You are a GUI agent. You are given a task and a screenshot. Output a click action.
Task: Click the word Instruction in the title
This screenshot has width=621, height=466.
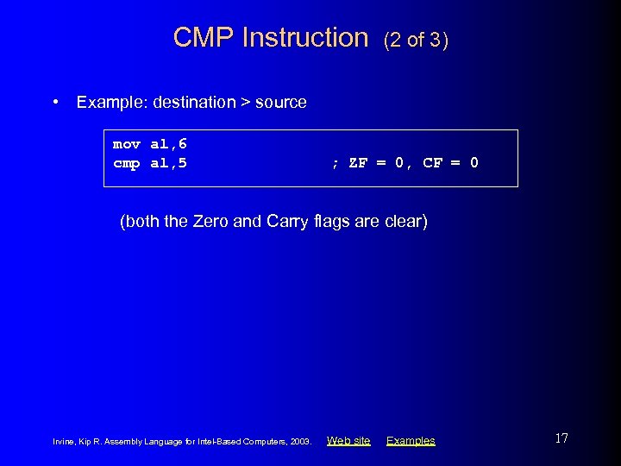point(305,38)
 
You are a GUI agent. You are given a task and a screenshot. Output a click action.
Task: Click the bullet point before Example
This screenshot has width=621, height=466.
point(55,102)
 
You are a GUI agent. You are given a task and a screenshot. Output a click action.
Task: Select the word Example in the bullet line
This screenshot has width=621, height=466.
point(111,103)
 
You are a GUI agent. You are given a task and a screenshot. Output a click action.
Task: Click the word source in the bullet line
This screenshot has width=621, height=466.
point(281,103)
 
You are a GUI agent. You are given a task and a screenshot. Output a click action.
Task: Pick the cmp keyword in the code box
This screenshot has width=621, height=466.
point(126,163)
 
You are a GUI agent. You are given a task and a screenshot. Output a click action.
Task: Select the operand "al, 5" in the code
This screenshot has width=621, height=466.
point(168,163)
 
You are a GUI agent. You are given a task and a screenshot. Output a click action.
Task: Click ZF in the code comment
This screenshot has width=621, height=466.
point(358,163)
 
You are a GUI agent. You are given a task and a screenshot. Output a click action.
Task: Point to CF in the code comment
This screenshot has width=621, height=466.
point(433,163)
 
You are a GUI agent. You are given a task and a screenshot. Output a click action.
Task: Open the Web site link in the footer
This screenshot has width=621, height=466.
point(348,441)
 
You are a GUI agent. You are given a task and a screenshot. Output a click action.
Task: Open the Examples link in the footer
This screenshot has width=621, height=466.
point(411,441)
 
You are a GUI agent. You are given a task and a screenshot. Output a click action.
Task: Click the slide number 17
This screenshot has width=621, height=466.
point(561,438)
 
